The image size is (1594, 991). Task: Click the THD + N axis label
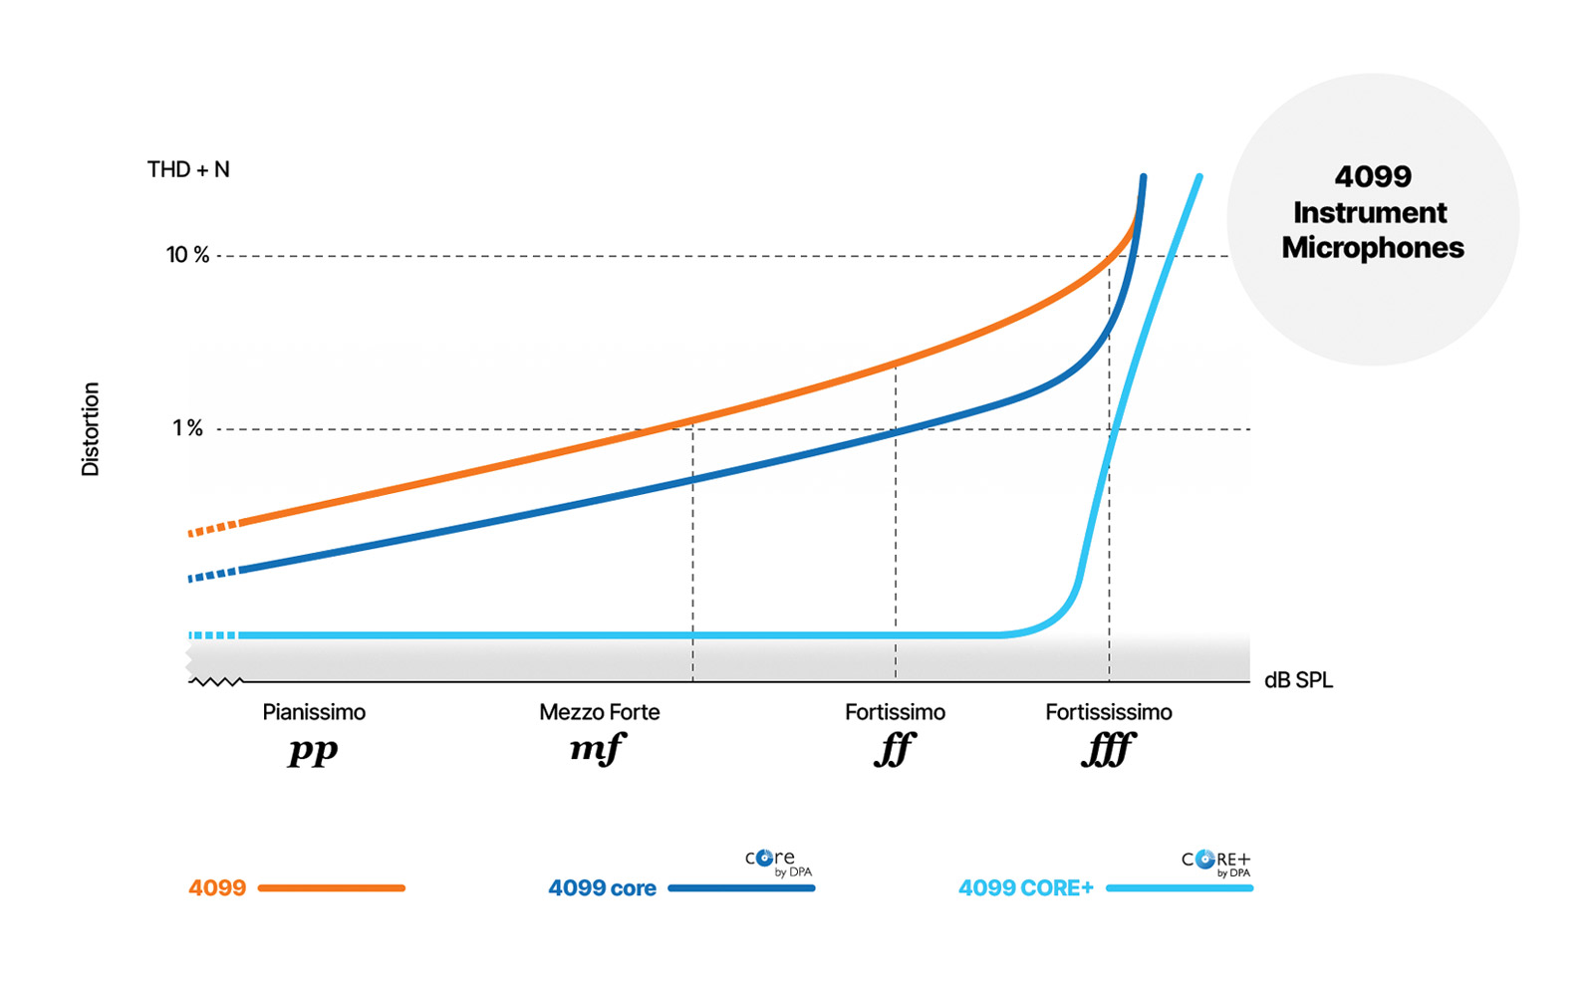point(188,169)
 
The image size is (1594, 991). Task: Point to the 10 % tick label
point(187,255)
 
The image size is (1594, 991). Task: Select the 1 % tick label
point(187,428)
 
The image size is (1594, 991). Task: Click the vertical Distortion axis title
point(91,429)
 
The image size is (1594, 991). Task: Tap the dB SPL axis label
point(1298,680)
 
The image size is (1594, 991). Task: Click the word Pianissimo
point(314,712)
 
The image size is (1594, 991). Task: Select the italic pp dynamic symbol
point(313,750)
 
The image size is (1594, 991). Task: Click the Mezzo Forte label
point(599,712)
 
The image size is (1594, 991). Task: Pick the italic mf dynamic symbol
point(597,748)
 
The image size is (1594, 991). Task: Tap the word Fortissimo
point(895,712)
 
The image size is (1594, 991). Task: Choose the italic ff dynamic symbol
point(894,749)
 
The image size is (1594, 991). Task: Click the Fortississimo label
point(1108,712)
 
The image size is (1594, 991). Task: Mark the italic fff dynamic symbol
point(1108,749)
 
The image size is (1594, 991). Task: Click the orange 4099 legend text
point(217,887)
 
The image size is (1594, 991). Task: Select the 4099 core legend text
point(602,888)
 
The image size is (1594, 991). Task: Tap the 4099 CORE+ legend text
point(1025,888)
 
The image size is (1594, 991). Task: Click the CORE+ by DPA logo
point(1216,863)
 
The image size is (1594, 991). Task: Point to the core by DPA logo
point(778,862)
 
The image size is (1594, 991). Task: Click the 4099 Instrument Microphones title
point(1372,212)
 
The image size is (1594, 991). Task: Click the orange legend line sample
point(332,887)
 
